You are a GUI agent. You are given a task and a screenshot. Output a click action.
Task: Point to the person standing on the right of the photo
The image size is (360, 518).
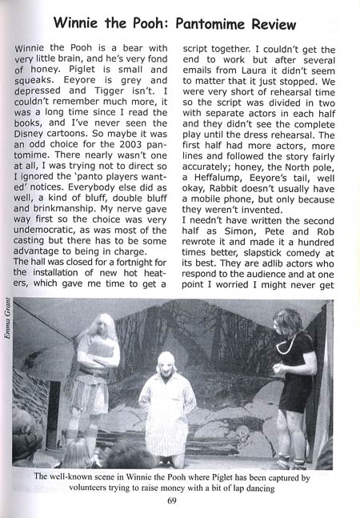(294, 376)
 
